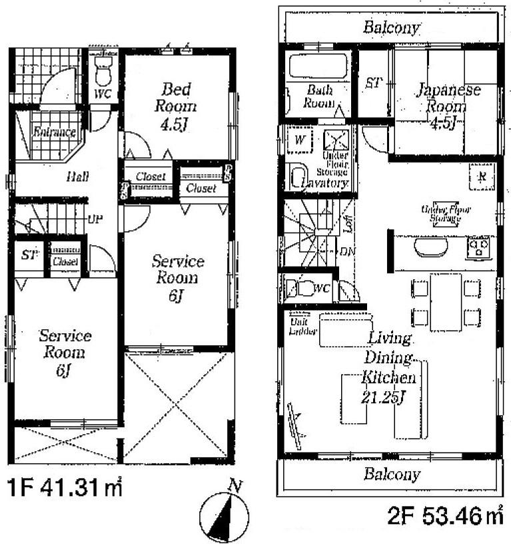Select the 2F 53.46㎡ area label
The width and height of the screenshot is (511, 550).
click(446, 515)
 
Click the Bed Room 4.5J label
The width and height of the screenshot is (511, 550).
click(176, 105)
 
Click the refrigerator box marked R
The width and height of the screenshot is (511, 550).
click(481, 177)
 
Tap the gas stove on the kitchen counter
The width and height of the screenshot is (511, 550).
click(479, 248)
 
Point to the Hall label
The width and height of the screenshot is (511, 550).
click(77, 177)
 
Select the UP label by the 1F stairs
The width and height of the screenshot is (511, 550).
click(95, 219)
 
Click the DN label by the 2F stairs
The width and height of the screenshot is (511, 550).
click(347, 252)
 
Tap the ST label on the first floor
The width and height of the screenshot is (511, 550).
click(28, 255)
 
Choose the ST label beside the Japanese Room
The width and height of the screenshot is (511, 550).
click(374, 83)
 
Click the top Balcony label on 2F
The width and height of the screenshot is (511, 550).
click(392, 27)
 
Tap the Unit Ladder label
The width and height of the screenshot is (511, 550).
click(302, 326)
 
